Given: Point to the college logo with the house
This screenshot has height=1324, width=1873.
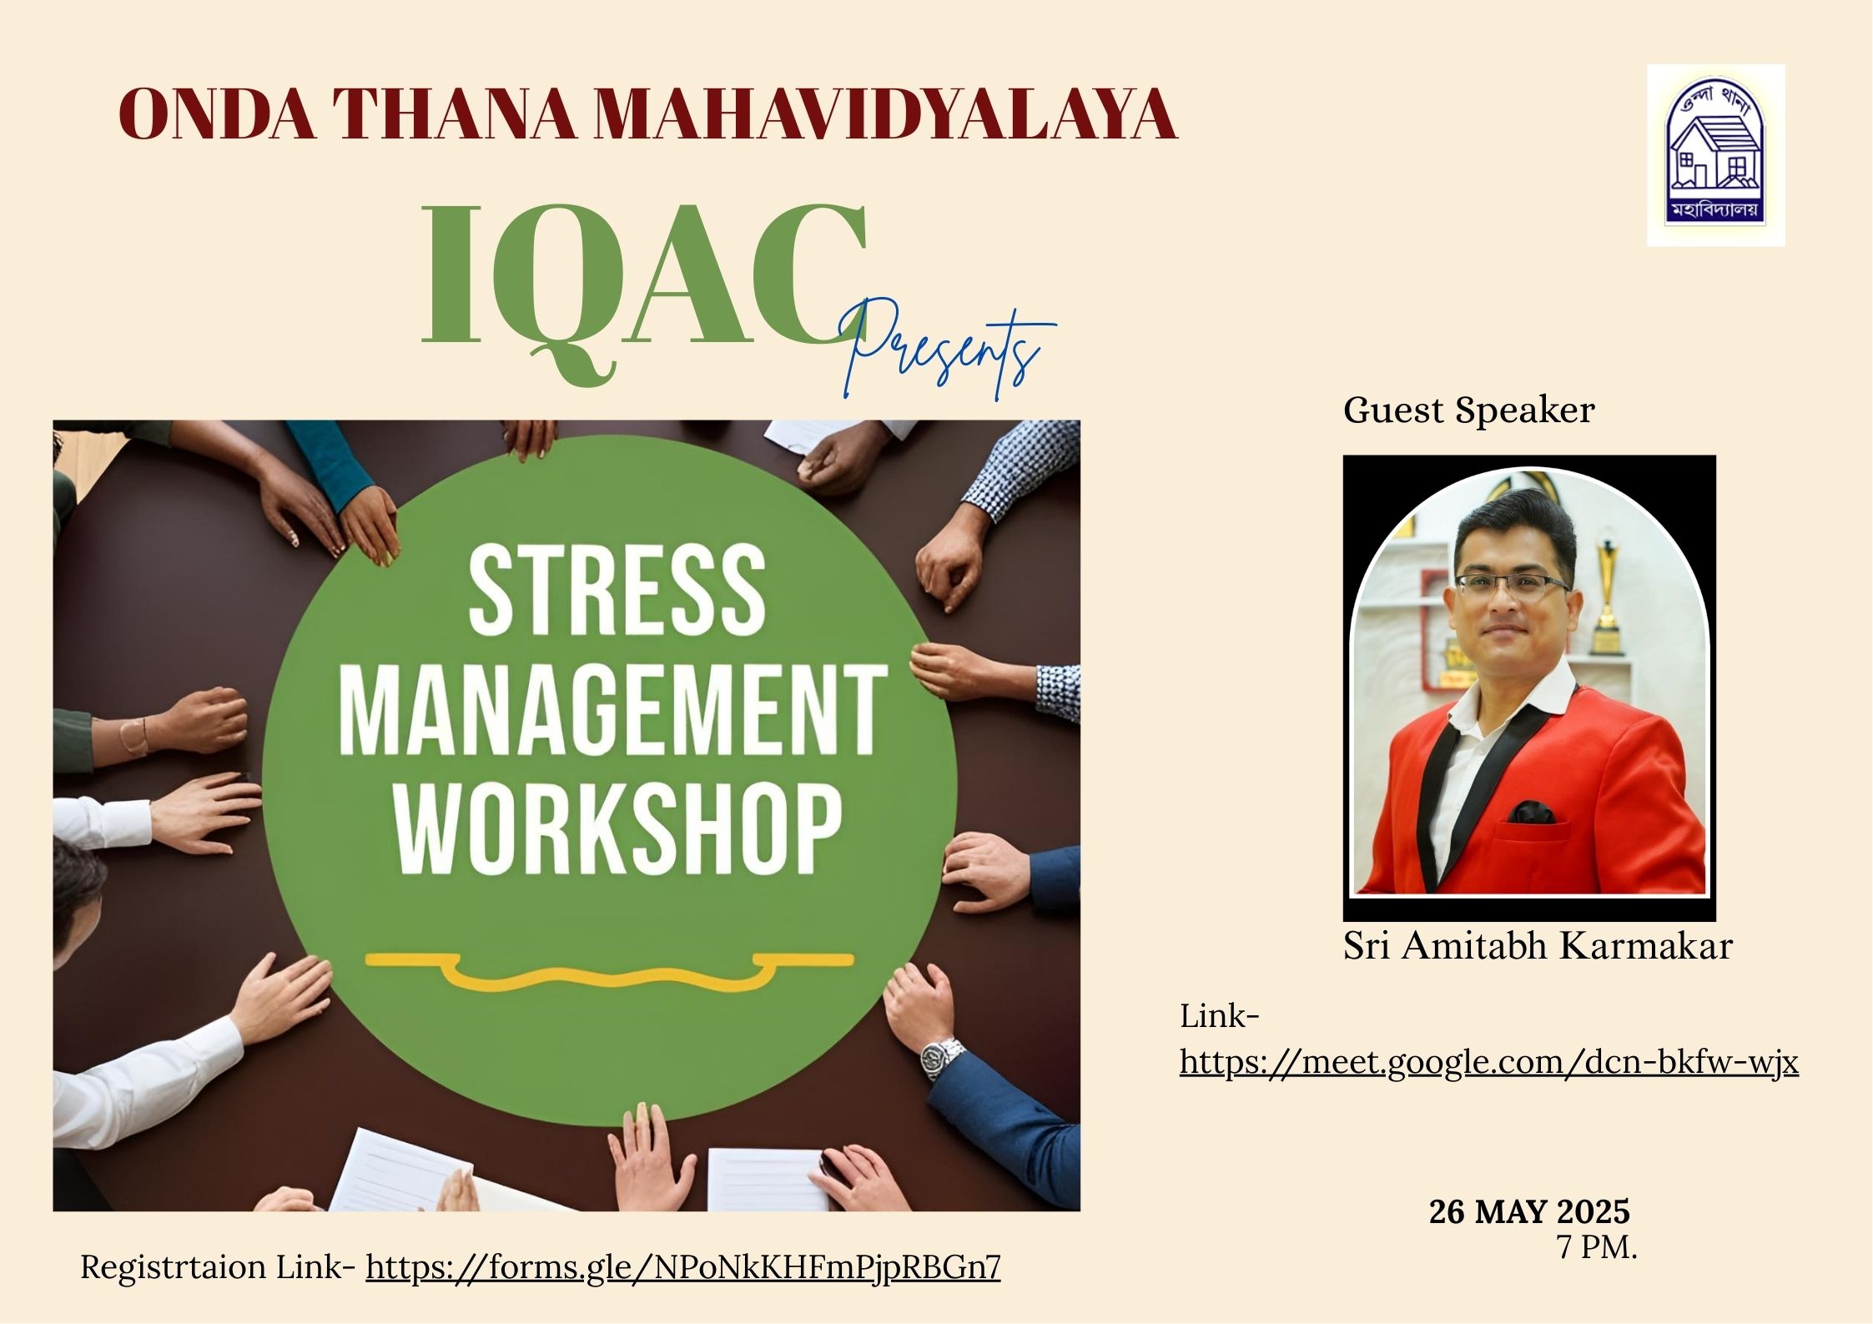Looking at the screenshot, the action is (1715, 156).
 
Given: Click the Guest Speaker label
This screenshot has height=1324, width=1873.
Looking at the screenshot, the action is (1468, 410).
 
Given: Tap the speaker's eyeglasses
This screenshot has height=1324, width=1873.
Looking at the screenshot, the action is (1512, 585).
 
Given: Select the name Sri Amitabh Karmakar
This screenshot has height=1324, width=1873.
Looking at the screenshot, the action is (1538, 946).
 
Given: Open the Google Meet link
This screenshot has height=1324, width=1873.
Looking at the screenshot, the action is (1488, 1063).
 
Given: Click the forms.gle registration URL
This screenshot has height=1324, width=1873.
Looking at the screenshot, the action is (683, 1267).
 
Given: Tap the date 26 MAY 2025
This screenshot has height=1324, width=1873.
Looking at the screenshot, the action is (1529, 1211).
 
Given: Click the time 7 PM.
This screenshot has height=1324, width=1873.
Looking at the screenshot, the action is (1597, 1247).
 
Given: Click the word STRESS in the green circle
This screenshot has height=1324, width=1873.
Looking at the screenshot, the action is (617, 590).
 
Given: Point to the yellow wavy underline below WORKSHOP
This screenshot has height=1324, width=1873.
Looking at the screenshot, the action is (609, 971).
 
